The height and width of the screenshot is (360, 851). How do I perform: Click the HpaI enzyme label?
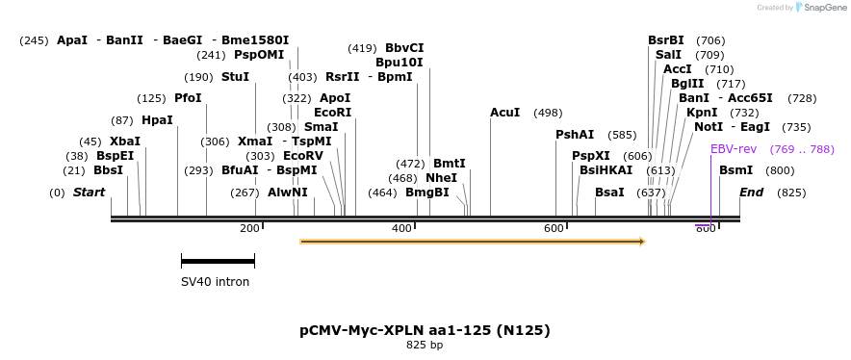[157, 120]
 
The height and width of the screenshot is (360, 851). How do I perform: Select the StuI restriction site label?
[235, 77]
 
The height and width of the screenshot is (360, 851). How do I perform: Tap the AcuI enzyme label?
[504, 113]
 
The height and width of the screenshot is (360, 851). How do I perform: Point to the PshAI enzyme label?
[575, 135]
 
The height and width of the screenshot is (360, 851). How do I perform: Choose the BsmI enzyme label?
[735, 170]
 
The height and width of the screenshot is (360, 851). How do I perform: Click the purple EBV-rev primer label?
[734, 149]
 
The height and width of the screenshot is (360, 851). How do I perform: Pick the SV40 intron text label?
[215, 282]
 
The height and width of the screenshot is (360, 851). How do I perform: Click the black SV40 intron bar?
[218, 260]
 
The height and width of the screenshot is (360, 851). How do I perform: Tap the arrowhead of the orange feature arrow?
[640, 242]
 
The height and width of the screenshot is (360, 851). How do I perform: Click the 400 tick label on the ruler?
[400, 228]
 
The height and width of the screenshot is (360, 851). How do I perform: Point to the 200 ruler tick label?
[248, 228]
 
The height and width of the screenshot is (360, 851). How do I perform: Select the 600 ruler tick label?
[553, 228]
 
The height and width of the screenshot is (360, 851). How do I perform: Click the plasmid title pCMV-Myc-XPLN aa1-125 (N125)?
[425, 330]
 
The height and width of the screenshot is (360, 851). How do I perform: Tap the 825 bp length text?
[425, 345]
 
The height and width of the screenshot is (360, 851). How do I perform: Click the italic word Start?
[89, 193]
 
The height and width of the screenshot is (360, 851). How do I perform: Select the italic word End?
[751, 193]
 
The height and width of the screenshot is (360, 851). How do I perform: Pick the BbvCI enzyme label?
[404, 48]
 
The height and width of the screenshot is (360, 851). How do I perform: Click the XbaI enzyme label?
[125, 141]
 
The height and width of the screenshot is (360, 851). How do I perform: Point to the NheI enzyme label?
[441, 178]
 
